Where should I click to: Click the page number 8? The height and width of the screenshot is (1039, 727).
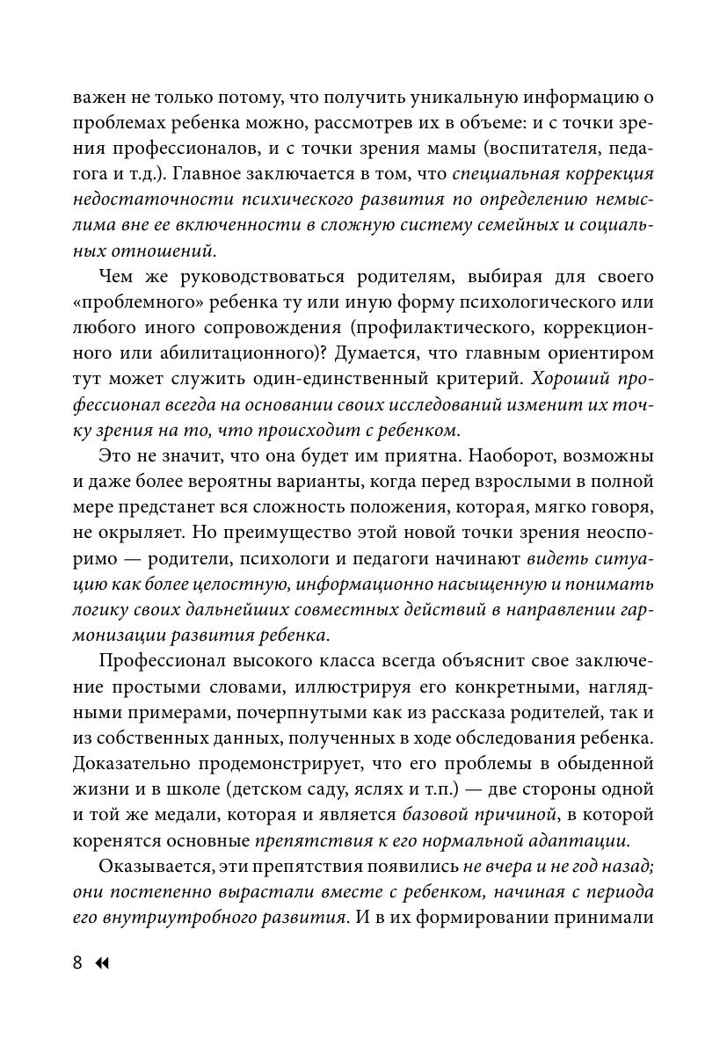click(77, 963)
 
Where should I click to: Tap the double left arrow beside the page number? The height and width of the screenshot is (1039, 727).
click(101, 963)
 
